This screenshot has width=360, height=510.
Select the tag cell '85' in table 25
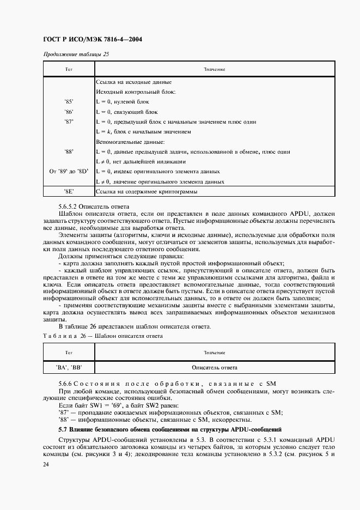69,102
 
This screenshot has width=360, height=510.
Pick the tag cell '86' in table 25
69,112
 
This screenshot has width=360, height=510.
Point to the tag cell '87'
69,122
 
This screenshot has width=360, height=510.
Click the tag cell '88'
69,151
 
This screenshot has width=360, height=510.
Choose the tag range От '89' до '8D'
69,171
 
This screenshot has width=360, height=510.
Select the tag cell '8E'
69,192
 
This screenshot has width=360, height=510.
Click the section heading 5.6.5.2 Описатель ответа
93,207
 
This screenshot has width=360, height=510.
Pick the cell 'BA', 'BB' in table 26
69,367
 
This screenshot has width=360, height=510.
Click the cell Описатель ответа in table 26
215,367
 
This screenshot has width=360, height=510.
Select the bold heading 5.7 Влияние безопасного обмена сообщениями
169,430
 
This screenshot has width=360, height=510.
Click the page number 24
45,464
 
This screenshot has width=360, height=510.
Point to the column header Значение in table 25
215,70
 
